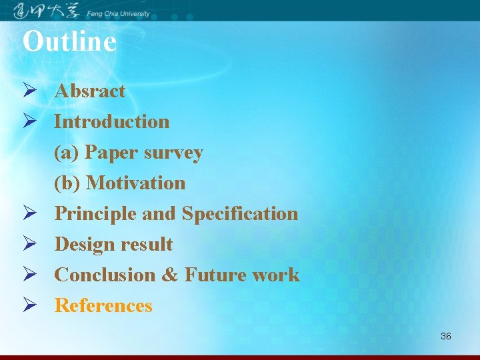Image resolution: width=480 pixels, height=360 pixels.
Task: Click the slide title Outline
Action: pyautogui.click(x=69, y=41)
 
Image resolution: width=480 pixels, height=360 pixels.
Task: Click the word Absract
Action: pyautogui.click(x=90, y=91)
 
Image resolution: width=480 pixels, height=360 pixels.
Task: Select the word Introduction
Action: pyautogui.click(x=112, y=121)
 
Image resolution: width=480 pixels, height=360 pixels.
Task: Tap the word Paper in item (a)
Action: pyautogui.click(x=111, y=153)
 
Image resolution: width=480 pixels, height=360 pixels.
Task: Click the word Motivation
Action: pyautogui.click(x=136, y=183)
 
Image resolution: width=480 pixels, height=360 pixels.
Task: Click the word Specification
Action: pyautogui.click(x=240, y=213)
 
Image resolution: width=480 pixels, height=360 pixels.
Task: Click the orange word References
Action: pyautogui.click(x=103, y=305)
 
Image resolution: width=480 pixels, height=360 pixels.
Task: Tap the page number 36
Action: pyautogui.click(x=446, y=336)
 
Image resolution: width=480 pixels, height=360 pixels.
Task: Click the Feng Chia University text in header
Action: pyautogui.click(x=118, y=12)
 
